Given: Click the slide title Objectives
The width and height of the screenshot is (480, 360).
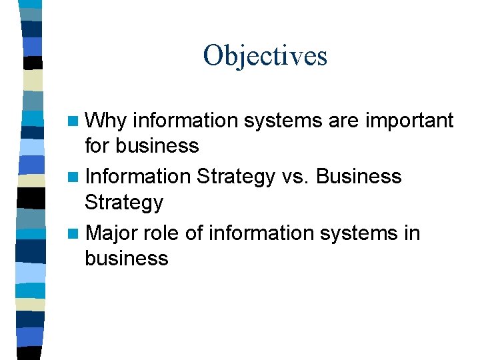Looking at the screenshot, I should [265, 55].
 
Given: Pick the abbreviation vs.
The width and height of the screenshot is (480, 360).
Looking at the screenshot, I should [294, 176].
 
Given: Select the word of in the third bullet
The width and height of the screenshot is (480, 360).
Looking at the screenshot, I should [194, 233].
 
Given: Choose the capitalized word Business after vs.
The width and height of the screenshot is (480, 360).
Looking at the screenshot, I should [359, 176].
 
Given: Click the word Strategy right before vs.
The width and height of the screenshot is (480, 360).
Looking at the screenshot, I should [235, 177].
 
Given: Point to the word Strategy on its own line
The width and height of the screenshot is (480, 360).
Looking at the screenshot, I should [124, 202].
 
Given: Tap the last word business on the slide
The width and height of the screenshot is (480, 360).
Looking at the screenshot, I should [127, 258].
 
